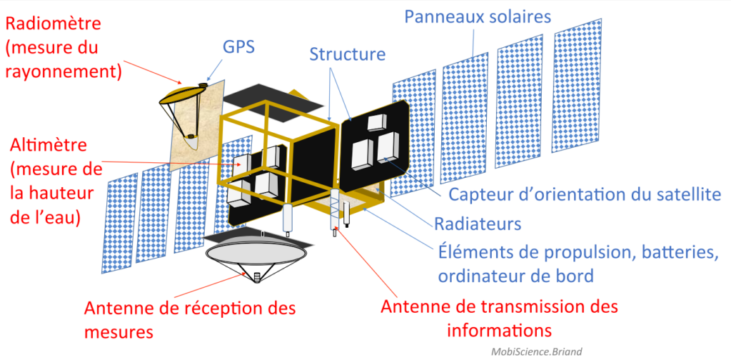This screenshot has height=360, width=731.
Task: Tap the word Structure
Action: (347, 54)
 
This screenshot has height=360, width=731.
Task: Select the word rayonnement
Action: (64, 71)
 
